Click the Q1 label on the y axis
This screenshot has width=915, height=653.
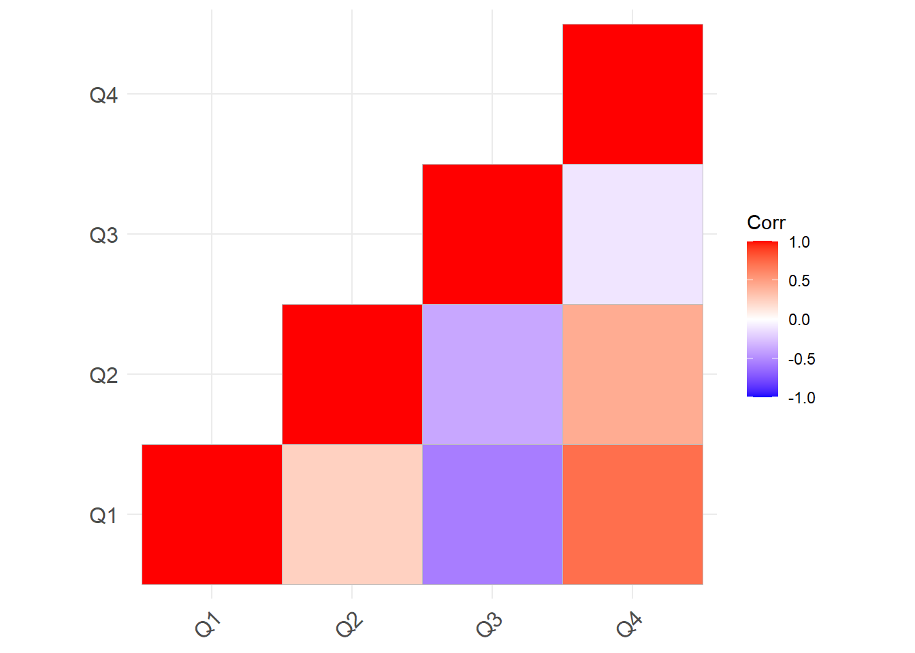pos(103,516)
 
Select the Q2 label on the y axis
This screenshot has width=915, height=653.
pos(103,375)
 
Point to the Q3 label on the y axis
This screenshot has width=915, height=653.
pos(103,235)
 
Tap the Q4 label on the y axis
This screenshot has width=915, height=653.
pos(103,95)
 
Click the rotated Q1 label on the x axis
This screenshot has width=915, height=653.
pos(208,624)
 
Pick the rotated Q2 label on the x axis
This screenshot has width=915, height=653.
pos(349,624)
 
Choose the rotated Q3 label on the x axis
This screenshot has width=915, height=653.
pos(489,624)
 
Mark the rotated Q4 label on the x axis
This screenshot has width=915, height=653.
pos(629,624)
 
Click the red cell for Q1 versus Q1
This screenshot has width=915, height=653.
pos(212,514)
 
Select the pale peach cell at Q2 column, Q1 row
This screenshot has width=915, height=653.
pos(352,514)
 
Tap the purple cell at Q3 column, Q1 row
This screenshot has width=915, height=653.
pos(492,514)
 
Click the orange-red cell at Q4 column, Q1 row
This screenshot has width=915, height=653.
pos(632,514)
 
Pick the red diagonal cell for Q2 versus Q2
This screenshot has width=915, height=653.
pos(352,374)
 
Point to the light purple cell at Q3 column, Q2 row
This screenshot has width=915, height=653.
pos(492,374)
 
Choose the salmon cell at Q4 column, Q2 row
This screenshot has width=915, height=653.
pos(632,374)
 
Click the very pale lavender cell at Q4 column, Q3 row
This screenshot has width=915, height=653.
pos(632,234)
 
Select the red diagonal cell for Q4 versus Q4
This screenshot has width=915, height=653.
pos(632,94)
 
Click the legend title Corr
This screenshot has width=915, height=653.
pos(766,223)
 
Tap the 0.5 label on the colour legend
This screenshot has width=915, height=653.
pos(799,281)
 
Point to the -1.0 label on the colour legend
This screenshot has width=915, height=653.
pos(801,398)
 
